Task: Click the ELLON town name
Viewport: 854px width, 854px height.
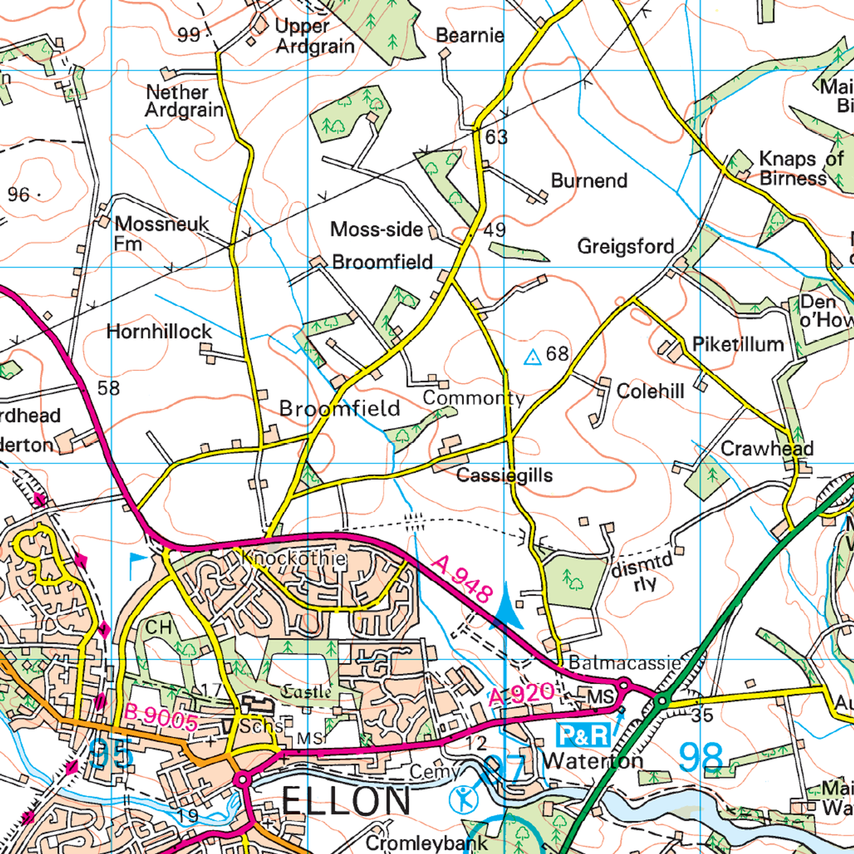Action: [x=346, y=801]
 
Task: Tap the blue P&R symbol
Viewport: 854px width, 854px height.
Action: [x=583, y=735]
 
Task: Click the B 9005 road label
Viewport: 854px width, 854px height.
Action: [x=161, y=717]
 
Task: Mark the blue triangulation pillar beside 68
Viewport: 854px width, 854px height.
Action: [x=532, y=358]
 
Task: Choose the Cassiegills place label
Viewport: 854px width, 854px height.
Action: [x=504, y=476]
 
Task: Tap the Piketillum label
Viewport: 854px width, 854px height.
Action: [x=738, y=344]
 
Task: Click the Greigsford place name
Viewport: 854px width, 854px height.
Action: [x=625, y=246]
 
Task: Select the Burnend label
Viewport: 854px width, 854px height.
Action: [x=589, y=181]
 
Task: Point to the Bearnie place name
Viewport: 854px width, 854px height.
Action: [x=470, y=35]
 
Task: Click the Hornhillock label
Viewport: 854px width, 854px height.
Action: [x=159, y=332]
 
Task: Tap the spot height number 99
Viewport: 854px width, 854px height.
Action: [x=189, y=35]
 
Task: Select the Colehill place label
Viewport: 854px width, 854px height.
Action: [x=650, y=391]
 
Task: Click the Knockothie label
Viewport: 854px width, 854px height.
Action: [x=294, y=558]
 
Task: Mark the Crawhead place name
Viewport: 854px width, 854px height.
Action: [x=767, y=448]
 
